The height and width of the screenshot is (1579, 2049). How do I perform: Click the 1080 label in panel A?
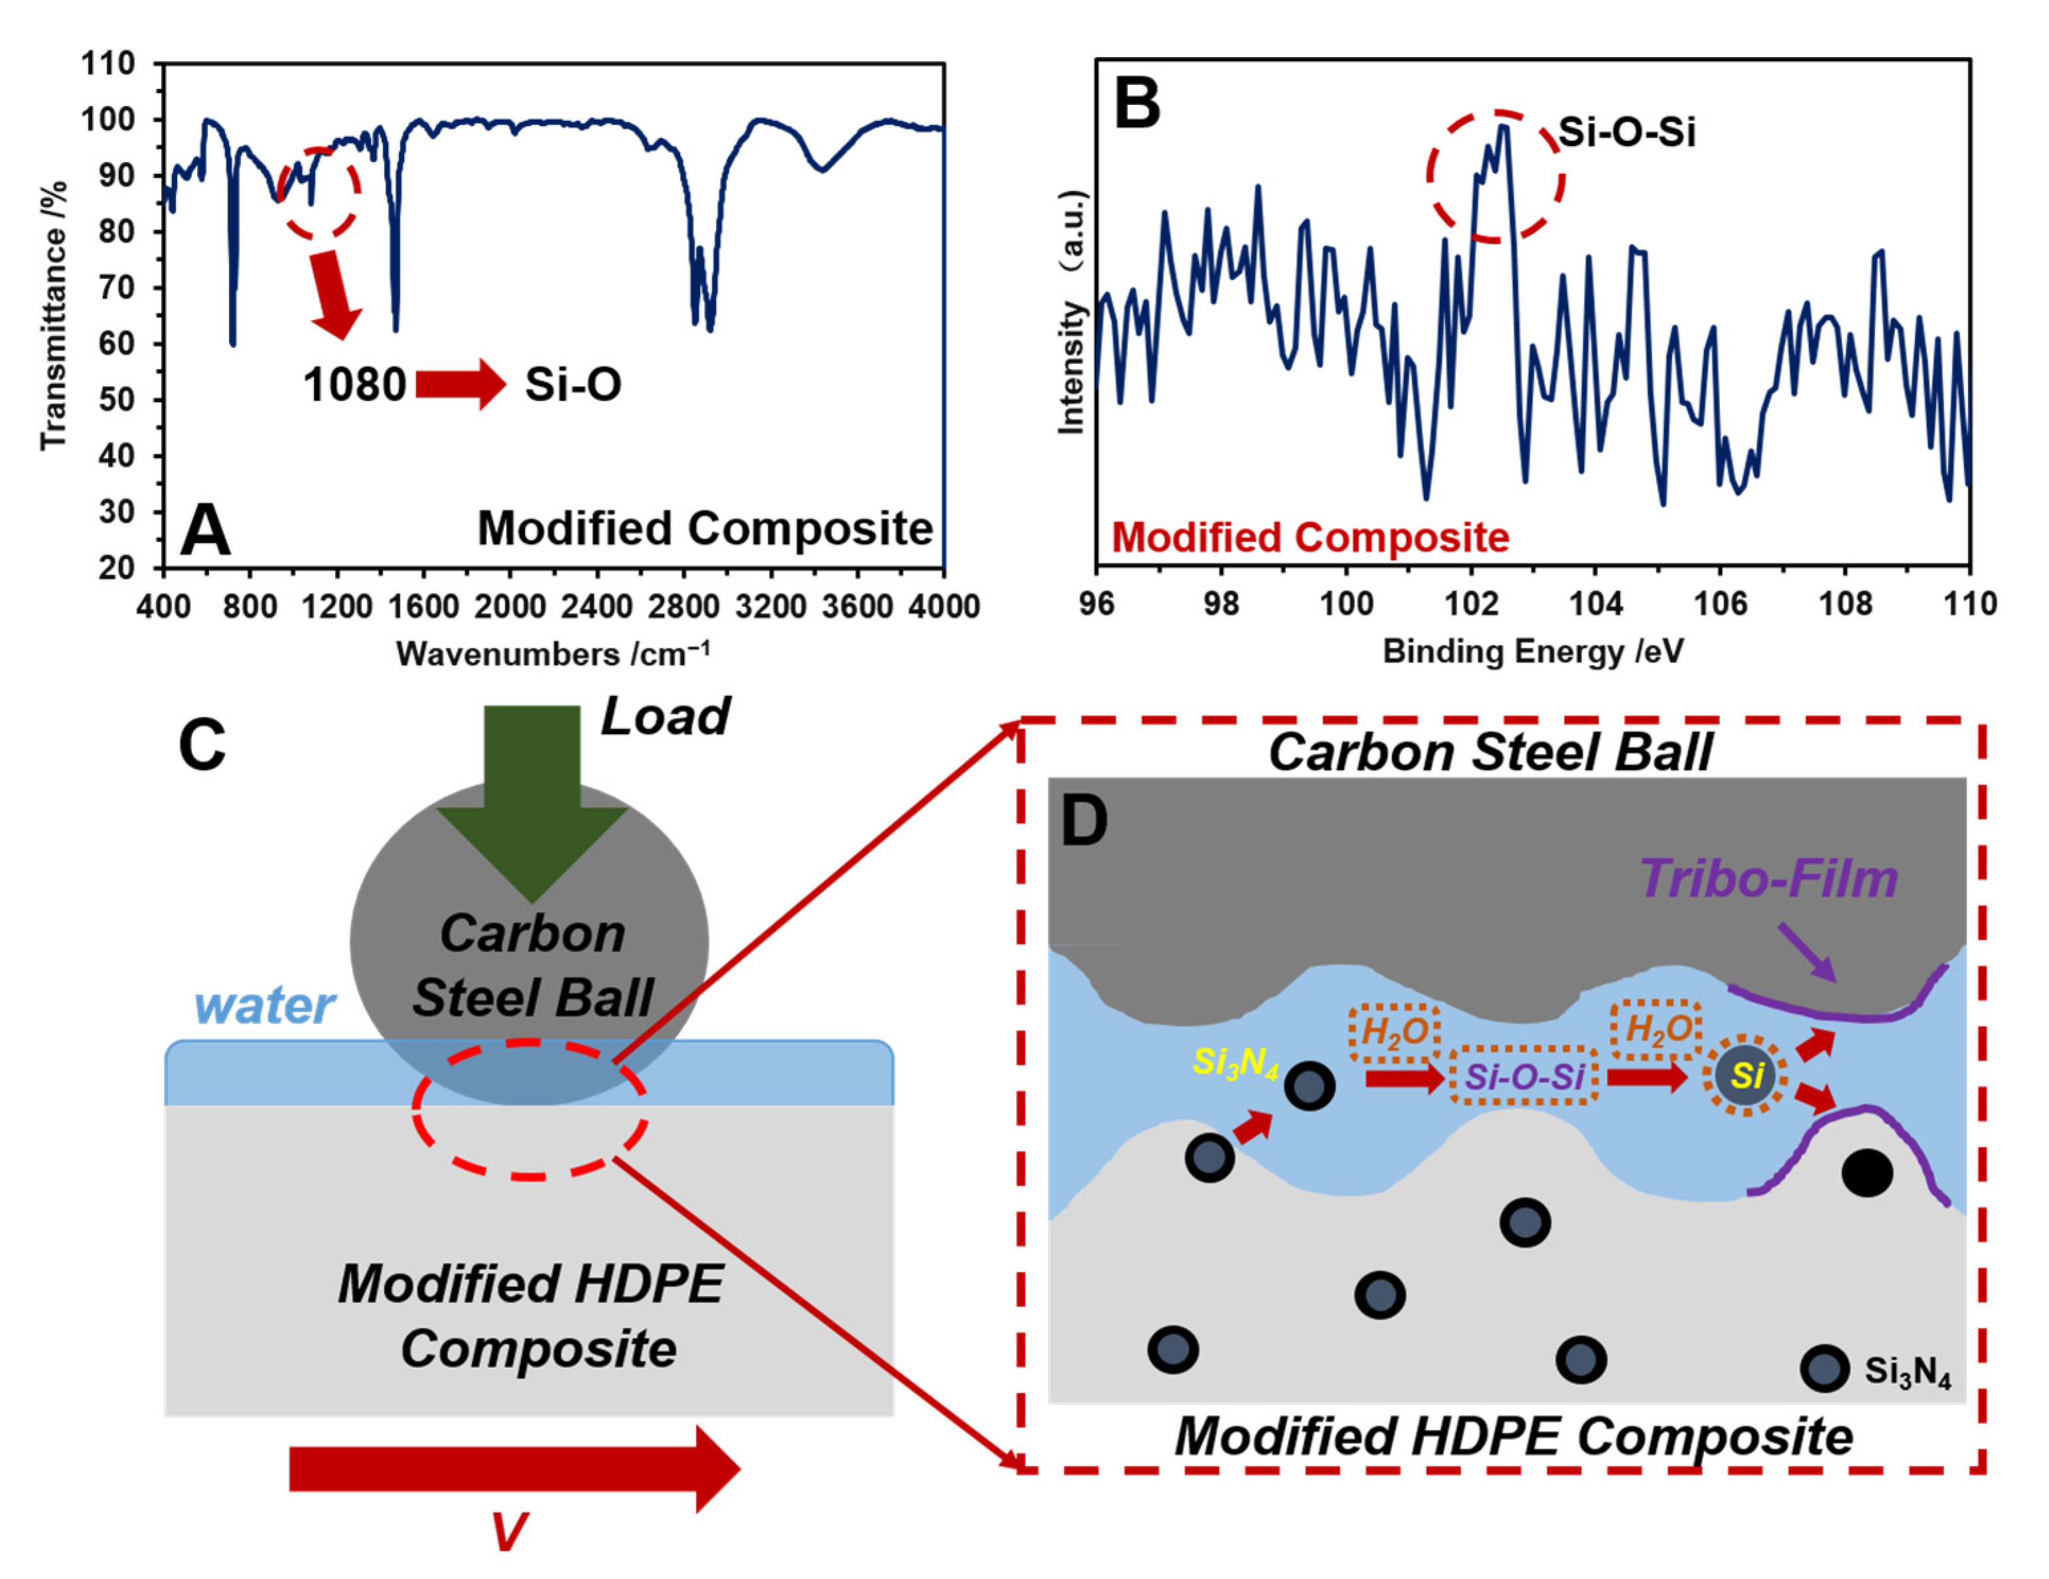point(354,385)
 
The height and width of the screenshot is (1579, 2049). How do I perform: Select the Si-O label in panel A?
point(572,385)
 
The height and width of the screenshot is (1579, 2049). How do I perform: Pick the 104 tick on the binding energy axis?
point(1596,603)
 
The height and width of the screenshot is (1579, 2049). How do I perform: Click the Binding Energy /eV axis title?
point(1532,651)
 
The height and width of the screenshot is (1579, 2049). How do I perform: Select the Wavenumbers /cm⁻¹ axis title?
point(553,653)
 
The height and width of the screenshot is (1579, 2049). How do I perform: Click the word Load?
point(664,717)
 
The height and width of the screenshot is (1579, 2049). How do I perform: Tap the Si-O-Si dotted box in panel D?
point(1525,1076)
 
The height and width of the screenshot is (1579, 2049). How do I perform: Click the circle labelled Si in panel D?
point(1746,1075)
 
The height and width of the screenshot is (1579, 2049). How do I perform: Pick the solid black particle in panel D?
point(1867,1173)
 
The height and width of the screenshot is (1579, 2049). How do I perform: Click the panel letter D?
point(1084,821)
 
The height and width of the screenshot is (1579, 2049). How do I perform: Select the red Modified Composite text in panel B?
point(1310,538)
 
